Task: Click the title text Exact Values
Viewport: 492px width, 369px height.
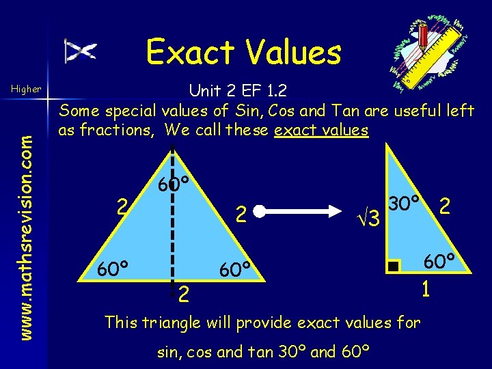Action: pyautogui.click(x=243, y=52)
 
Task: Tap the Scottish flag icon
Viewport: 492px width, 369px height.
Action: pyautogui.click(x=81, y=51)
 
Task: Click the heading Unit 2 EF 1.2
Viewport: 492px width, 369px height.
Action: pyautogui.click(x=237, y=90)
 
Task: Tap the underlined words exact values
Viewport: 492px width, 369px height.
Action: pyautogui.click(x=321, y=130)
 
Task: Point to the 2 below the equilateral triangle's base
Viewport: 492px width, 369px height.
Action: pyautogui.click(x=183, y=295)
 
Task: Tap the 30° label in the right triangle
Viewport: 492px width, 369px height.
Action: pyautogui.click(x=405, y=204)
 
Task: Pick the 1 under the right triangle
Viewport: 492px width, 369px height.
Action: pyautogui.click(x=425, y=290)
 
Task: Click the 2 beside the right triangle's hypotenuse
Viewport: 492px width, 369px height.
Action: pyautogui.click(x=445, y=205)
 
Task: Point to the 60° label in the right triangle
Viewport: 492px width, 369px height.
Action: pyautogui.click(x=439, y=261)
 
